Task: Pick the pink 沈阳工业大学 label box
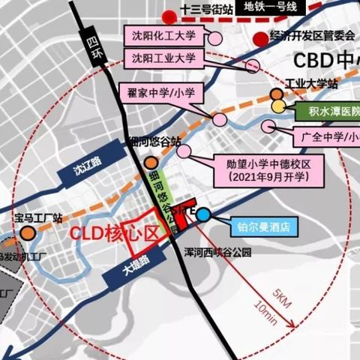(x=163, y=58)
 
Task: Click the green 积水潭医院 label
(x=324, y=112)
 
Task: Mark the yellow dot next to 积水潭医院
(x=278, y=107)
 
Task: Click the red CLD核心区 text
(x=116, y=232)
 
